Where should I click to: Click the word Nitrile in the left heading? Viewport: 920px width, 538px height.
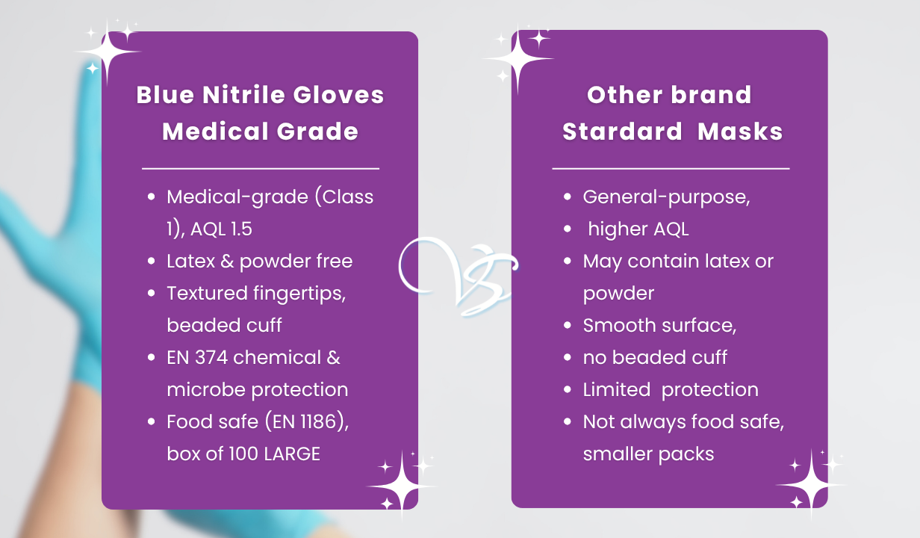(x=245, y=96)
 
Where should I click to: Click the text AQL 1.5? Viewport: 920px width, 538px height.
(x=221, y=229)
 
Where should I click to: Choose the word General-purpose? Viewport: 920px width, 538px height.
(x=666, y=197)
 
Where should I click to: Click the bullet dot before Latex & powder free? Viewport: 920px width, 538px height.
(x=152, y=261)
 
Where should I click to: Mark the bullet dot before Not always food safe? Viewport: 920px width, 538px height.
(x=568, y=422)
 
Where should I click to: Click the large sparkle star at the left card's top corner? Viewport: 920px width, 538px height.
(x=108, y=52)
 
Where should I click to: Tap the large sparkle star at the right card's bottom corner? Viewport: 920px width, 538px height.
(x=810, y=482)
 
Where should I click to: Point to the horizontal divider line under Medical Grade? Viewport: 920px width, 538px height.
(x=260, y=169)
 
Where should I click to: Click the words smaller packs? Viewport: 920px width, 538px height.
(x=648, y=454)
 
